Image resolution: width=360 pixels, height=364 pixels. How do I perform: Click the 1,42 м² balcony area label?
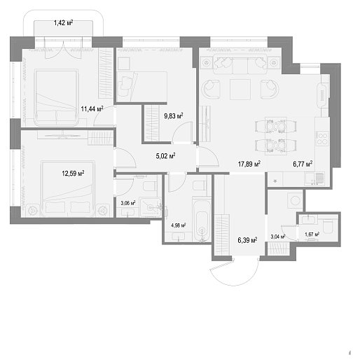[x=63, y=23]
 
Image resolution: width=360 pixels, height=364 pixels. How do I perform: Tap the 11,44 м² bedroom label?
[x=92, y=108]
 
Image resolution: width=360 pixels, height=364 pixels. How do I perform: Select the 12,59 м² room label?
[x=73, y=174]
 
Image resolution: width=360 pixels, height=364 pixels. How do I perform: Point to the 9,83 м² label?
[x=173, y=115]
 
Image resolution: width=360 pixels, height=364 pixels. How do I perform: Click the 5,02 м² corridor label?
[x=165, y=155]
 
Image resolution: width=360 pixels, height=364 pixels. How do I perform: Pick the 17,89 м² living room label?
[x=249, y=164]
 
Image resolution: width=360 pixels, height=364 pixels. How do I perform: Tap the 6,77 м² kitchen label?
[x=303, y=164]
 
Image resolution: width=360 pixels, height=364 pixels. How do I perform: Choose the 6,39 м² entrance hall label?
[x=247, y=240]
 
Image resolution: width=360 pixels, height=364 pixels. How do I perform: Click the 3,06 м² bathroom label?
[x=128, y=203]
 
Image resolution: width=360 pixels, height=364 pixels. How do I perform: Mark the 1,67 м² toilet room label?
[x=312, y=234]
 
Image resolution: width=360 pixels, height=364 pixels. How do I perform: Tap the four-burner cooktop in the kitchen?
[x=322, y=139]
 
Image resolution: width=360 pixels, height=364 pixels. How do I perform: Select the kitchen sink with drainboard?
[x=314, y=178]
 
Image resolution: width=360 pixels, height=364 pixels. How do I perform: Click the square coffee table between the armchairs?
[x=240, y=90]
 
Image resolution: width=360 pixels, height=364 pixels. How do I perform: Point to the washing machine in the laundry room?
[x=295, y=200]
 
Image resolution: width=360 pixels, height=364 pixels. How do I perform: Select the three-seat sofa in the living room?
[x=240, y=64]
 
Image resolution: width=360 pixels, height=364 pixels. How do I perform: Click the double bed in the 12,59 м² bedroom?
[x=68, y=188]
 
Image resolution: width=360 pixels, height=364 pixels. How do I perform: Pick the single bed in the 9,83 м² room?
[x=141, y=87]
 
